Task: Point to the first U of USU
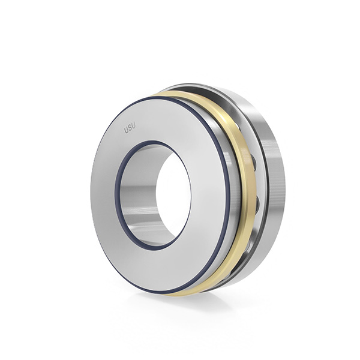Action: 126,130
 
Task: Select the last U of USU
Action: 133,126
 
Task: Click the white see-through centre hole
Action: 173,195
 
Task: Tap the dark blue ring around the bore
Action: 116,195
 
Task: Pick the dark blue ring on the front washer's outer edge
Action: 228,195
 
